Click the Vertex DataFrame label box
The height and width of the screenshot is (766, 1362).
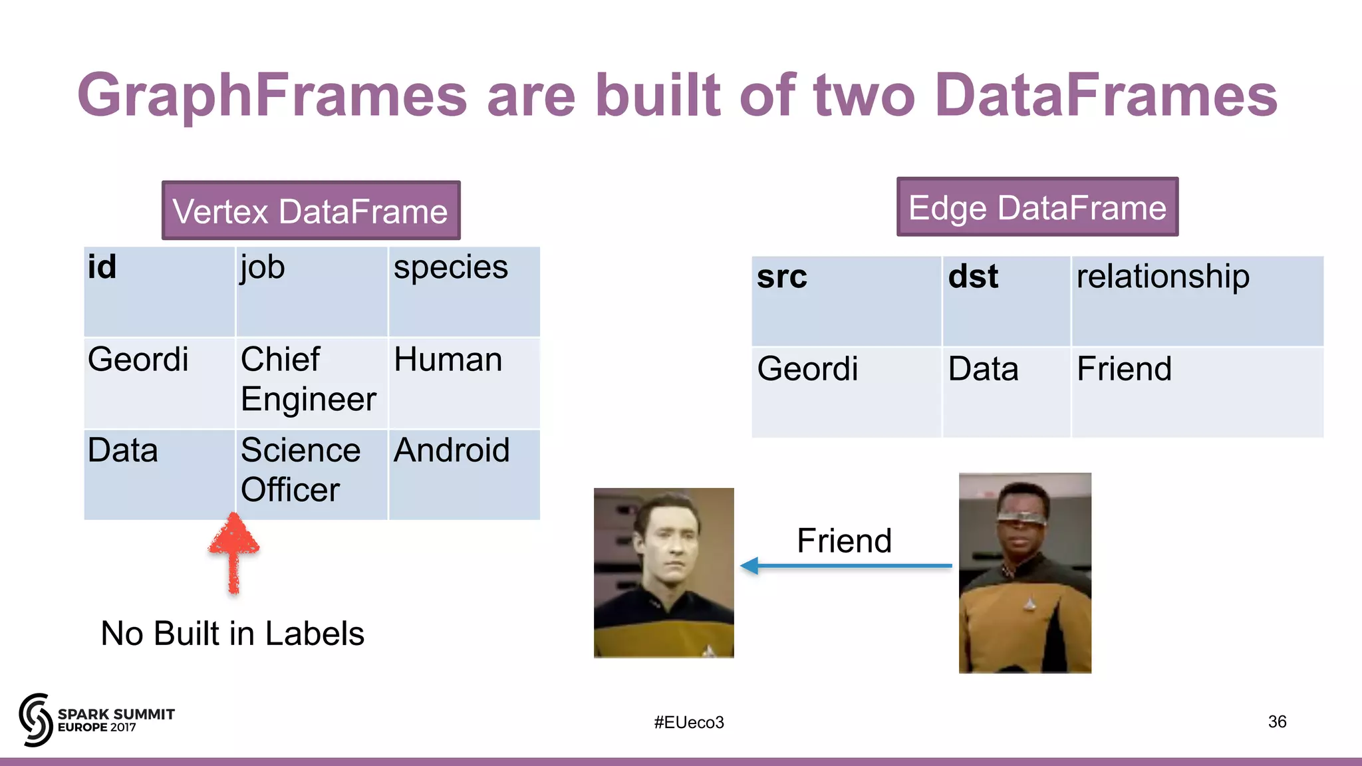point(311,211)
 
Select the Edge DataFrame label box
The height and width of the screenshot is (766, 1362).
point(1037,207)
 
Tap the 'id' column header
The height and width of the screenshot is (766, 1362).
point(159,291)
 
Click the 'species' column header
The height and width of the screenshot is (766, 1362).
point(464,291)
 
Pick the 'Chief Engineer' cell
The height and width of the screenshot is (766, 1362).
point(311,382)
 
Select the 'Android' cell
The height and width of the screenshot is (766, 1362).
point(464,473)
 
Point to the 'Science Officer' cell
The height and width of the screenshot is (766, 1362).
point(311,473)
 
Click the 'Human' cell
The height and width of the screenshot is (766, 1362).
point(464,382)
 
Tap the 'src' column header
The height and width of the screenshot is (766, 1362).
point(846,301)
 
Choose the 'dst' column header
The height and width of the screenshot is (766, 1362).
point(1006,301)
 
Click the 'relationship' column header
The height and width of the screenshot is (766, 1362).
point(1196,301)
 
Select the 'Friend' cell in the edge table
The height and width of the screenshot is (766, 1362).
point(1196,392)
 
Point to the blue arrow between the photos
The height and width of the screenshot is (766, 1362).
point(846,566)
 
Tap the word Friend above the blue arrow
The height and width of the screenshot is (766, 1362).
point(844,541)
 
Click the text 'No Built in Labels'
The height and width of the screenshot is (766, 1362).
point(232,633)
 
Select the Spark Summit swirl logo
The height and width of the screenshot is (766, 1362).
point(35,719)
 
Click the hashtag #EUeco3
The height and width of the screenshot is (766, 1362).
point(688,722)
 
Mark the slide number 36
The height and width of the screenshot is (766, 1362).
point(1277,721)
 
